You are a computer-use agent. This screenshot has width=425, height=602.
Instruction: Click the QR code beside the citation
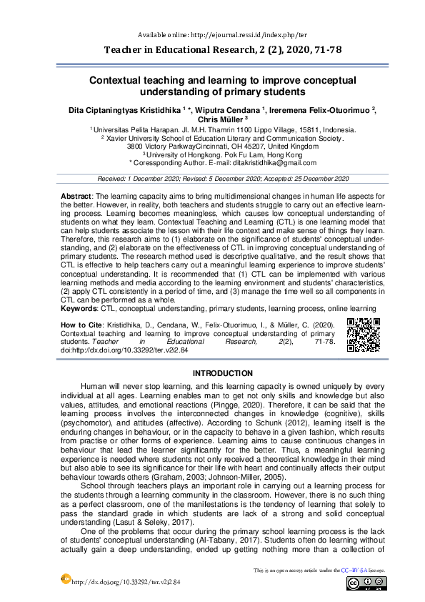point(363,335)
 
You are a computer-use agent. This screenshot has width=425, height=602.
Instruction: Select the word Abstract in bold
point(75,194)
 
